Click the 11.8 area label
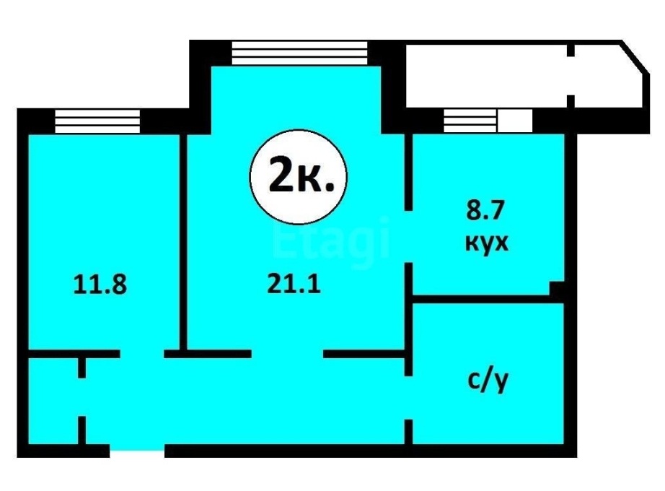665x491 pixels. [100, 284]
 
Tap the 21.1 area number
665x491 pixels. [294, 284]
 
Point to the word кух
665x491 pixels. [486, 243]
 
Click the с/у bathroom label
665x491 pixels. [488, 381]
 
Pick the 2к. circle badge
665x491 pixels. [299, 176]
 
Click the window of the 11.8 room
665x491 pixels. [97, 121]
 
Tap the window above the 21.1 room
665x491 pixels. [299, 53]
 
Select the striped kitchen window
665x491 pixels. [470, 121]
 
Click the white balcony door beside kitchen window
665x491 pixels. [515, 121]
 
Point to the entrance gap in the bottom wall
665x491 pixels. [137, 451]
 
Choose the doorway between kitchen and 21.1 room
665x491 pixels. [408, 237]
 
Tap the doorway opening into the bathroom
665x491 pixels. [408, 398]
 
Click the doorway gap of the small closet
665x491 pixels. [82, 397]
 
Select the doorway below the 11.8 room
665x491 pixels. [142, 353]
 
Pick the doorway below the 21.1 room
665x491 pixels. [288, 353]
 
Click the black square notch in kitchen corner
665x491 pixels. [557, 288]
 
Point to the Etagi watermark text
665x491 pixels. [331, 239]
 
